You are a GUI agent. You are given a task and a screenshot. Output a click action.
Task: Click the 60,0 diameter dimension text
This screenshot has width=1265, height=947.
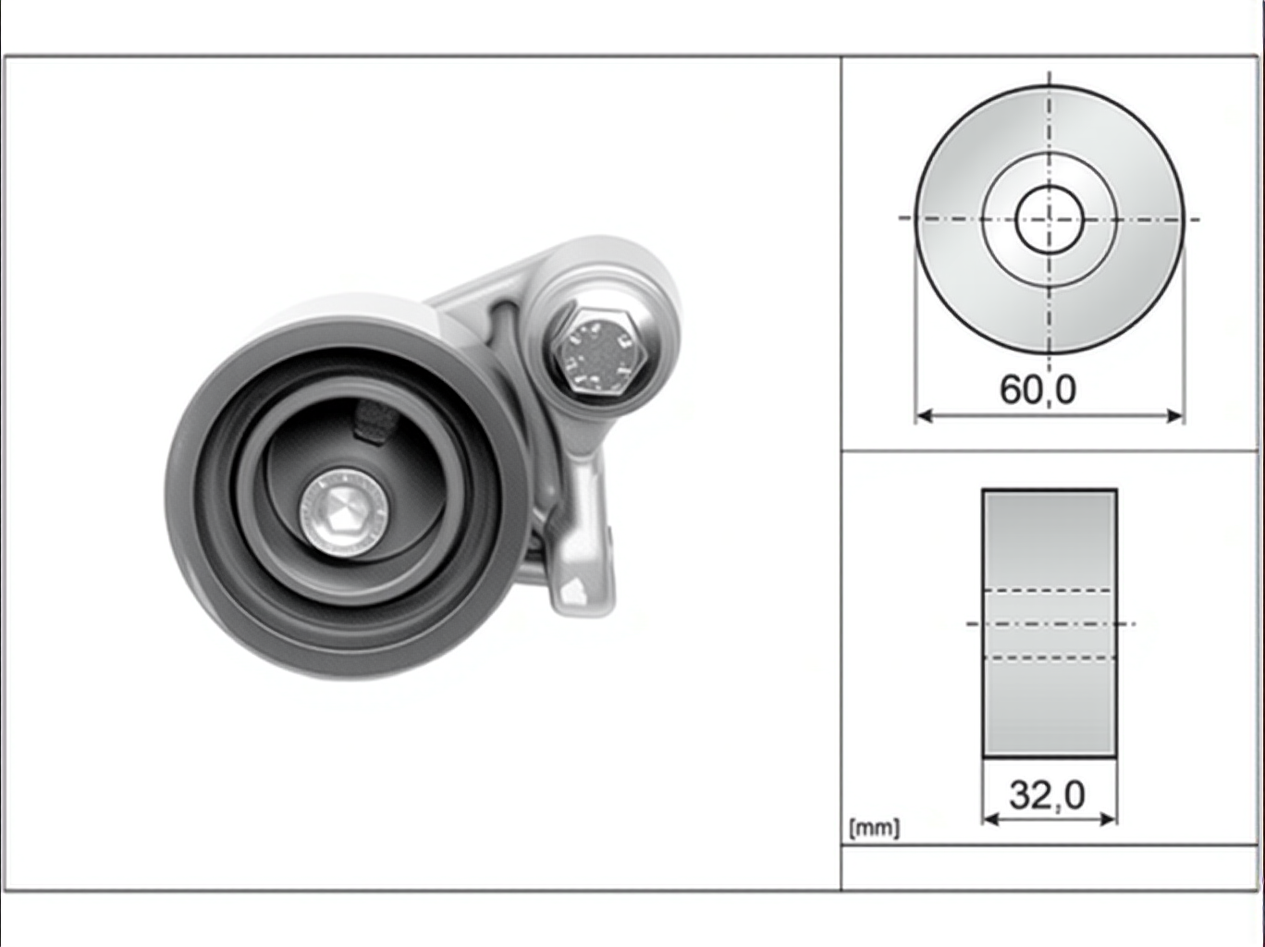click(x=1038, y=390)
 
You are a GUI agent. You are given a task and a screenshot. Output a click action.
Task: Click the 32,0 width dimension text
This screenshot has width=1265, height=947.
click(x=1047, y=794)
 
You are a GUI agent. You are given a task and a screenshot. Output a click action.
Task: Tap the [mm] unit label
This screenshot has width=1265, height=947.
click(x=874, y=829)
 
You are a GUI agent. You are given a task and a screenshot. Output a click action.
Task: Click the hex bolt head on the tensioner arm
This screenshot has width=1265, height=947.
click(x=599, y=351)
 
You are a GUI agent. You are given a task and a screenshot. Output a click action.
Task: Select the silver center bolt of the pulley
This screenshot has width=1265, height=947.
click(x=343, y=512)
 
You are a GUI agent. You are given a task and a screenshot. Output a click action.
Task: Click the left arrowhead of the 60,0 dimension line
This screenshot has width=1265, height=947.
click(x=924, y=415)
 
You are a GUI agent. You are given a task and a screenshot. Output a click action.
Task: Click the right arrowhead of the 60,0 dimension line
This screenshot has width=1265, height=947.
click(x=1174, y=415)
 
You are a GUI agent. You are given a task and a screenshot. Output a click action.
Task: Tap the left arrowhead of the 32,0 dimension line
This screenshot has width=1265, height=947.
click(x=990, y=818)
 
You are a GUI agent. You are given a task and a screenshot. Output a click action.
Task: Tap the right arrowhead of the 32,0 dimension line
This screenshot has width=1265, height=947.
click(x=1109, y=818)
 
